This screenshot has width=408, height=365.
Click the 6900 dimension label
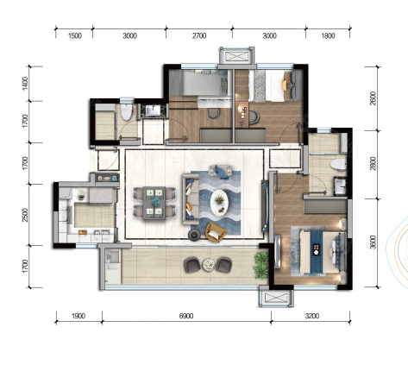186,316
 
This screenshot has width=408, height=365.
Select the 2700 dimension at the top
199,35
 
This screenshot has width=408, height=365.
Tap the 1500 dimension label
75,35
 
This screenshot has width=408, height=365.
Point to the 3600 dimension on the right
373,242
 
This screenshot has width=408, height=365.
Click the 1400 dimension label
26,84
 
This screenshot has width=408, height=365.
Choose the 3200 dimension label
312,316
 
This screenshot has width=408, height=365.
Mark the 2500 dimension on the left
26,215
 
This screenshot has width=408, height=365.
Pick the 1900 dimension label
78,316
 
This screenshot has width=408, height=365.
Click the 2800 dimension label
373,163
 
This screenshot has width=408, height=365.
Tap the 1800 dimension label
328,35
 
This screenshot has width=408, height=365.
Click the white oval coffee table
219,202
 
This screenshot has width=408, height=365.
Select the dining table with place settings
154,203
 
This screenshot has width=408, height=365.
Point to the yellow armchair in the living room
216,232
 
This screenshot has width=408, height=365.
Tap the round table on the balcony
209,265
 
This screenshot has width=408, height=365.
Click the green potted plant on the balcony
261,265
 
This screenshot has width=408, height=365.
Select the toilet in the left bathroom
126,112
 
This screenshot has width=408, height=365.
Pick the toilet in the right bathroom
338,165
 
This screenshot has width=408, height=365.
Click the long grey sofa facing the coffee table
191,199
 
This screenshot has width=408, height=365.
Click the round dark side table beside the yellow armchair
194,236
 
